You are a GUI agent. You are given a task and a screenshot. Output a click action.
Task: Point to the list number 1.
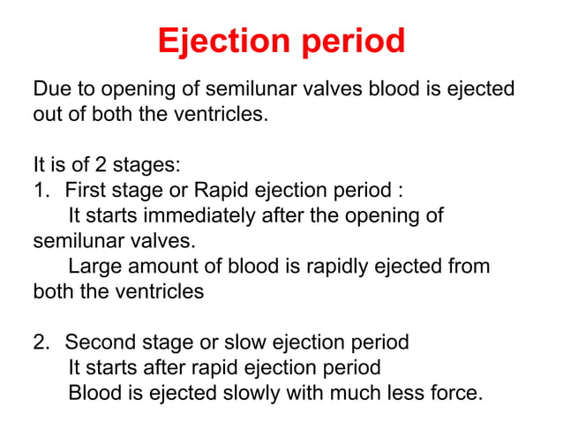coord(41,190)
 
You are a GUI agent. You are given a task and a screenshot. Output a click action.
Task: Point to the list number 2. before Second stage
coord(42,342)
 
